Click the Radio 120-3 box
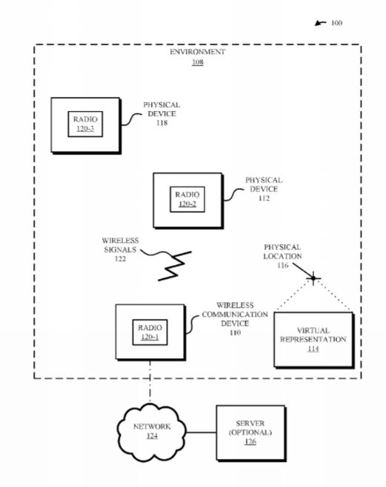tap(85, 124)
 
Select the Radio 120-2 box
tap(187, 199)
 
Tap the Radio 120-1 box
tap(150, 332)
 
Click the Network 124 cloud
tap(152, 431)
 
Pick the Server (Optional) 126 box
tap(251, 433)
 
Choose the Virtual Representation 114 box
tap(313, 340)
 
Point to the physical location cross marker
tap(313, 278)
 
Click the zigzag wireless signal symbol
tap(175, 266)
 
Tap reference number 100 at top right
tap(336, 23)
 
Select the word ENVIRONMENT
tap(197, 52)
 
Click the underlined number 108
tap(198, 62)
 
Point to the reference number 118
tap(162, 123)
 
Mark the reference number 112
tap(264, 198)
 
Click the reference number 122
tap(120, 259)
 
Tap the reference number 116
tap(283, 265)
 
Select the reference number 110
tap(236, 332)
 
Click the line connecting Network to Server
tap(201, 432)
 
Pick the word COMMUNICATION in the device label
tap(235, 315)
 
